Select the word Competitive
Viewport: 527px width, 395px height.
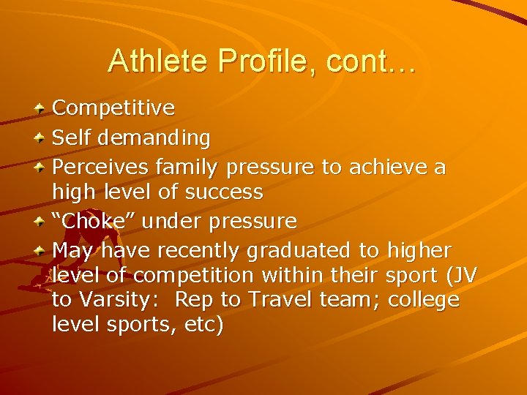point(113,109)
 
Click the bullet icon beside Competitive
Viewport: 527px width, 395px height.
point(41,109)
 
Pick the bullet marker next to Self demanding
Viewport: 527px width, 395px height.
point(41,137)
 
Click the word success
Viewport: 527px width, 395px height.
point(225,193)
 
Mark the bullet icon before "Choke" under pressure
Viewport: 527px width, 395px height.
point(41,221)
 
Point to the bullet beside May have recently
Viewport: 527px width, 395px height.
point(41,249)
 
